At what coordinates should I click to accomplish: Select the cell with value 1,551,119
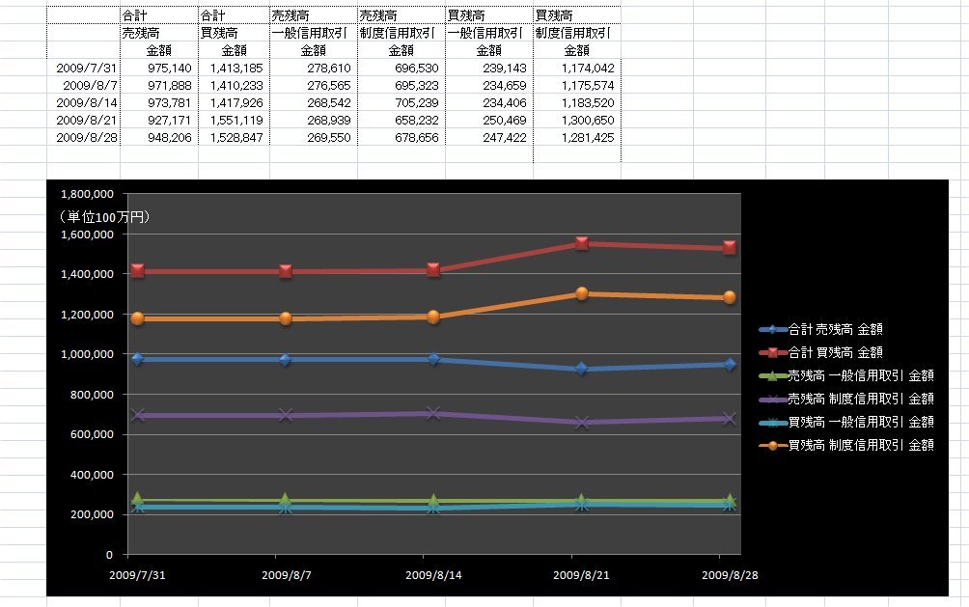pyautogui.click(x=235, y=120)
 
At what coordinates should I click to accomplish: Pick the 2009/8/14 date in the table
pyautogui.click(x=87, y=102)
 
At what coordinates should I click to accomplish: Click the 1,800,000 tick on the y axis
pyautogui.click(x=87, y=194)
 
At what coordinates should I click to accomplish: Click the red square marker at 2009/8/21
pyautogui.click(x=581, y=243)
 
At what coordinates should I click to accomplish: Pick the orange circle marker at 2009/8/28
pyautogui.click(x=730, y=297)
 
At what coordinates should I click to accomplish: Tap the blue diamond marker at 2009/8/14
pyautogui.click(x=433, y=359)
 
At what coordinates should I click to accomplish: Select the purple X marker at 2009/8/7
pyautogui.click(x=286, y=415)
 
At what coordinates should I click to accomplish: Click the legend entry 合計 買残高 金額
pyautogui.click(x=835, y=352)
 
